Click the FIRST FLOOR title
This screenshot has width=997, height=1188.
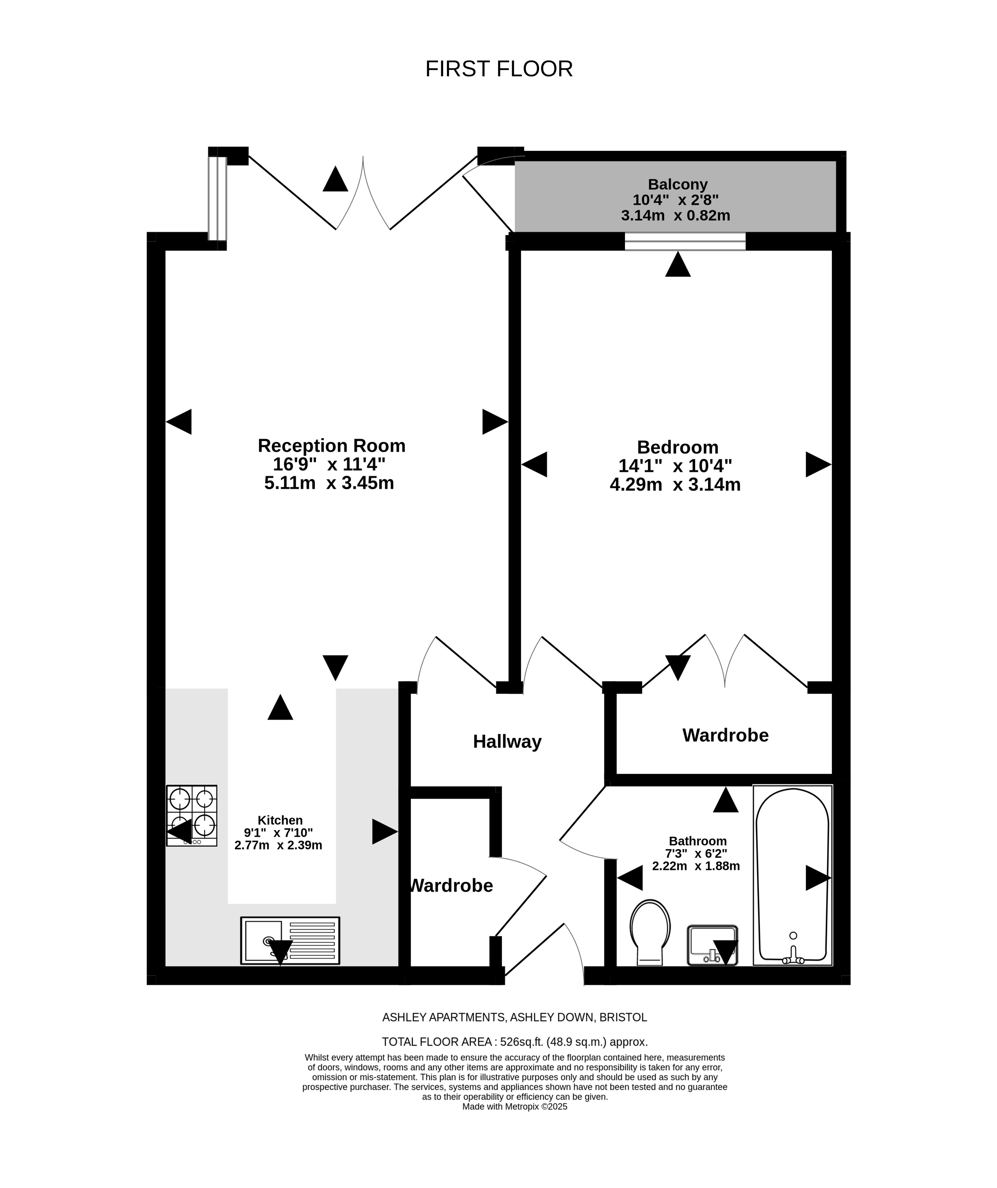[499, 69]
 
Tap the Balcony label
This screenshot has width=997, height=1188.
[677, 184]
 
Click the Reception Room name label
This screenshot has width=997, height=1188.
[331, 446]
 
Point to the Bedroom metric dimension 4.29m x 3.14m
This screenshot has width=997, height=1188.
[675, 485]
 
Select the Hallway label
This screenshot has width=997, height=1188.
[507, 742]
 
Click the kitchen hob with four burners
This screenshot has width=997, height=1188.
[192, 815]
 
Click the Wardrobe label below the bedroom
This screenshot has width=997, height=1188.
[726, 735]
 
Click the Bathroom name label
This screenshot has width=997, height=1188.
[698, 841]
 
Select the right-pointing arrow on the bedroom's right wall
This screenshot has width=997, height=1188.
[819, 464]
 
